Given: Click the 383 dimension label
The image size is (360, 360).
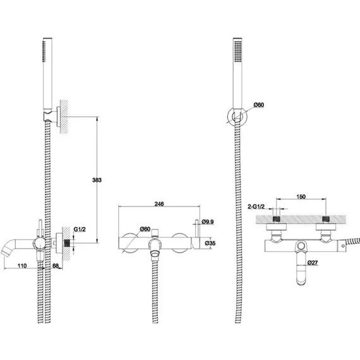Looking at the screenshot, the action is pyautogui.click(x=97, y=180).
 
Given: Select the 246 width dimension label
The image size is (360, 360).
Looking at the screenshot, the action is pyautogui.click(x=159, y=204).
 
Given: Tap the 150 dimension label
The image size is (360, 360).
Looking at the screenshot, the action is pyautogui.click(x=301, y=197).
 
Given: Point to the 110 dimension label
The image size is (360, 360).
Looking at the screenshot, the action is pyautogui.click(x=22, y=266).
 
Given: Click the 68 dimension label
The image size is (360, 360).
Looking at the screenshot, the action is pyautogui.click(x=56, y=266).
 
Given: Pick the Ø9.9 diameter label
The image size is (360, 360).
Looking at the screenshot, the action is pyautogui.click(x=208, y=222).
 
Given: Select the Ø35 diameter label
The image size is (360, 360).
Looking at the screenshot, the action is pyautogui.click(x=210, y=243).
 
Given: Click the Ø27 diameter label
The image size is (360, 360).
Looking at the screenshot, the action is pyautogui.click(x=313, y=263).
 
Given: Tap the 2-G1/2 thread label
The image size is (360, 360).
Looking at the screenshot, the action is pyautogui.click(x=256, y=207).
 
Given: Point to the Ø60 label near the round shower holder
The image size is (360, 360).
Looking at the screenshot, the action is pyautogui.click(x=259, y=105).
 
